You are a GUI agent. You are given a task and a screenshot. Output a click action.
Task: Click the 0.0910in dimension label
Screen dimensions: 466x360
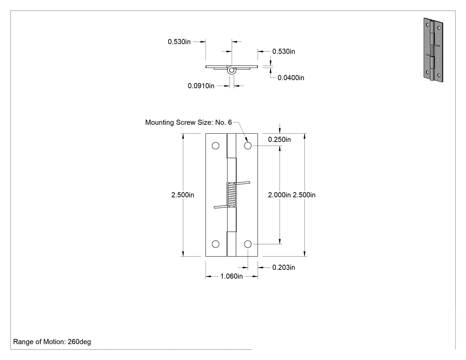pos(201,86)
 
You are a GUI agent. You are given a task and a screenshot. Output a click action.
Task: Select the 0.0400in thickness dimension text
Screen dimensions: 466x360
pos(291,78)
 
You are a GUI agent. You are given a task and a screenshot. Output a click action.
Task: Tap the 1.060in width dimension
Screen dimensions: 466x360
pos(232,276)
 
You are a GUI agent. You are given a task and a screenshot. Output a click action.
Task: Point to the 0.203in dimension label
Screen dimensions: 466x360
pos(284,267)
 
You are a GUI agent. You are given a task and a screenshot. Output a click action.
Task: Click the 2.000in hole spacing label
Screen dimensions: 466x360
pos(279,195)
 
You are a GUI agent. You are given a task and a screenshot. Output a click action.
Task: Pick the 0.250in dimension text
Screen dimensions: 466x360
pos(279,139)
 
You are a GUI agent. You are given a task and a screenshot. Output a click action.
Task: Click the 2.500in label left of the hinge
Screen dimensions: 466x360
pos(182,195)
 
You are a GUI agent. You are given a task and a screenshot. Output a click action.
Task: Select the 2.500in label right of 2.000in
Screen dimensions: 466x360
pos(304,195)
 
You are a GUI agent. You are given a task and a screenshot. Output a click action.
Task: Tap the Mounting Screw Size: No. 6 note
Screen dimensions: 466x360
pos(189,122)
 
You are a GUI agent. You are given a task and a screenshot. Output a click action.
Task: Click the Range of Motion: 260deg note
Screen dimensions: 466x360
pos(52,341)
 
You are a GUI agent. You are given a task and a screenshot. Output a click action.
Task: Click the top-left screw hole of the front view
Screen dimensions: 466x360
pos(215,146)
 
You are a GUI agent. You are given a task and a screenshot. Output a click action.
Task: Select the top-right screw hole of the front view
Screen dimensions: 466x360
pos(248,146)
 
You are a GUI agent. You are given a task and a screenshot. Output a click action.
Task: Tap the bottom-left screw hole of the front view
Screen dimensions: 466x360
pos(215,244)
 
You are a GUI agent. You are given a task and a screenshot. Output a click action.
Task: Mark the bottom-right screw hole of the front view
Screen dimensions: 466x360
pos(248,244)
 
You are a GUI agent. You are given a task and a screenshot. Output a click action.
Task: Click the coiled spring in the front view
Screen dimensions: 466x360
pos(232,195)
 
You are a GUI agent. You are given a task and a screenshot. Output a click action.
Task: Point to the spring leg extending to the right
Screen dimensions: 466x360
pos(243,183)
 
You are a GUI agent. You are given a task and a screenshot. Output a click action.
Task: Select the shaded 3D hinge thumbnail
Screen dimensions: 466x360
pos(433,50)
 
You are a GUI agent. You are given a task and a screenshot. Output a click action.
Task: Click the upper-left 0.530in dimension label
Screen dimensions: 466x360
pos(179,42)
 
